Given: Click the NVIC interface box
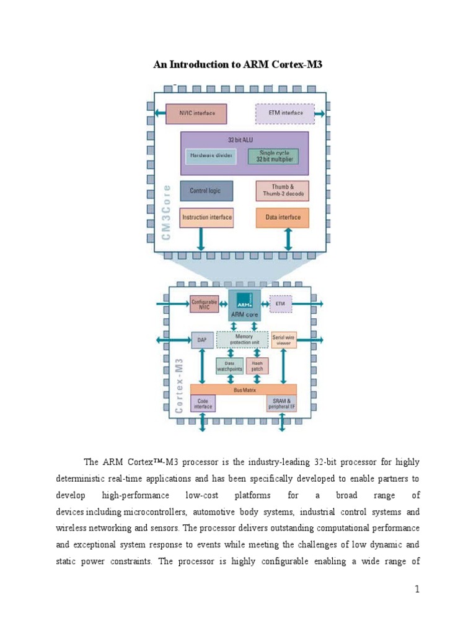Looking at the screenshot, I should [197, 113].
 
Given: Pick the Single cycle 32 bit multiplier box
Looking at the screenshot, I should [273, 156].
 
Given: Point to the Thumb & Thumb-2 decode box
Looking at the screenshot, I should [282, 191].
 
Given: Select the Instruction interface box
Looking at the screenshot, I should [206, 217].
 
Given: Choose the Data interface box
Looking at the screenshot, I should [282, 217].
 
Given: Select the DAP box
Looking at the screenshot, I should [202, 340].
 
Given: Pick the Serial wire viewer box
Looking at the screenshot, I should [284, 340].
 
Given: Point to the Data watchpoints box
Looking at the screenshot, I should [229, 366].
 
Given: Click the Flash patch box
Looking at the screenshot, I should [257, 366].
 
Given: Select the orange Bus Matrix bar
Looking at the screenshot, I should [243, 389].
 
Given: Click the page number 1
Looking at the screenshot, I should [418, 589].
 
